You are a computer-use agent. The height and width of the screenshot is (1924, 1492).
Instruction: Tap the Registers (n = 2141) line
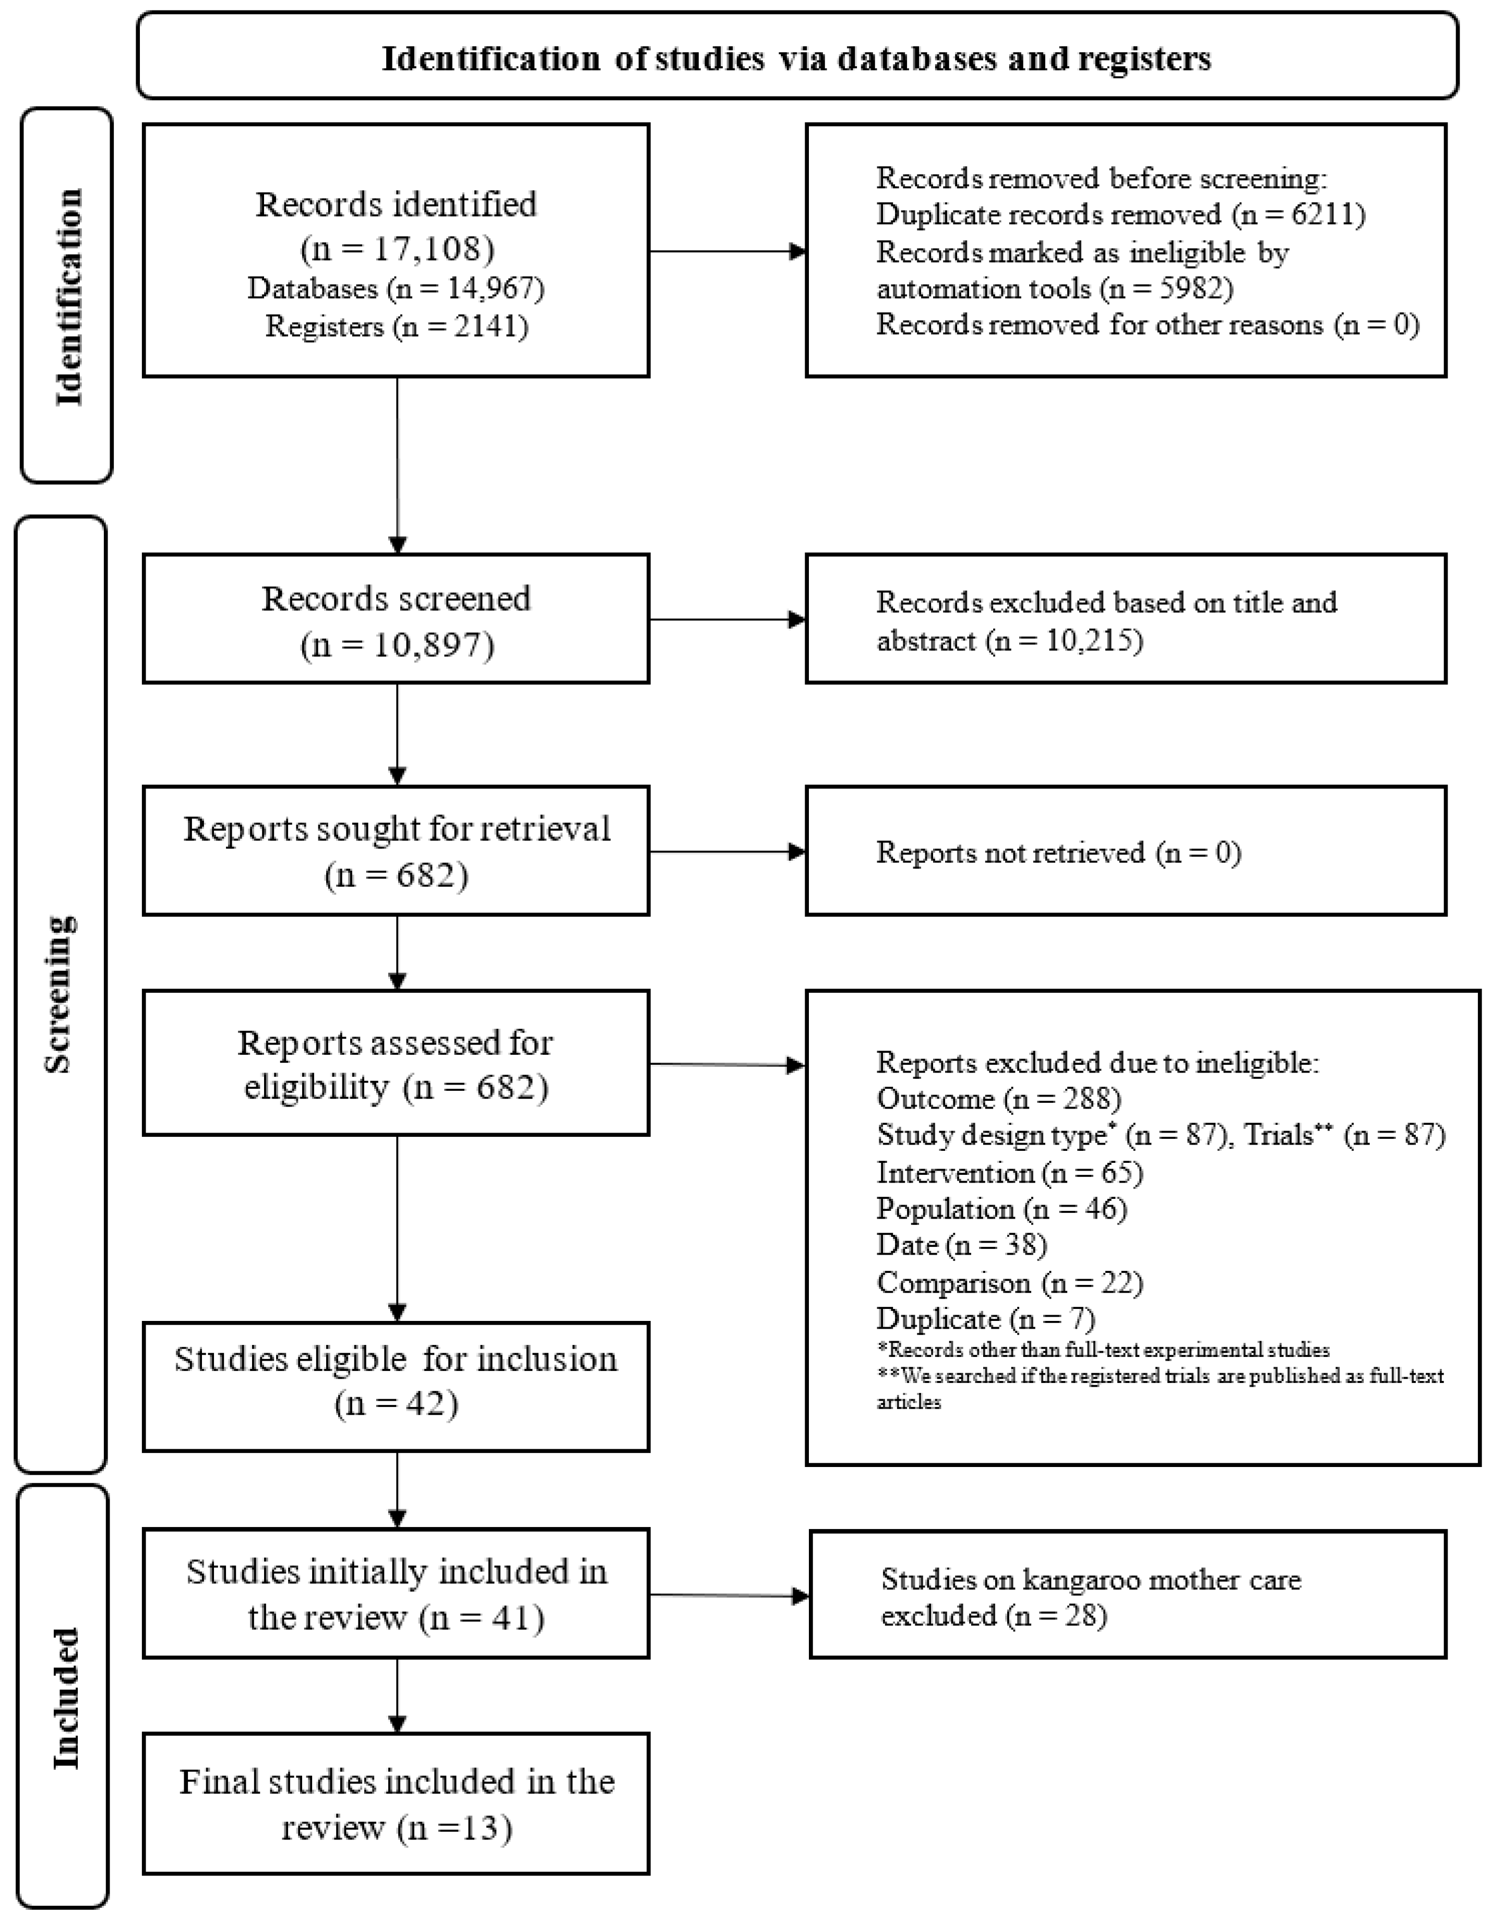click(x=397, y=327)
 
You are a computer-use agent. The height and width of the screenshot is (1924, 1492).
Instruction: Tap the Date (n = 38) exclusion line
click(x=961, y=1245)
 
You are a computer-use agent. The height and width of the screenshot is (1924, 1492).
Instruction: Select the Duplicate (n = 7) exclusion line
click(x=985, y=1319)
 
